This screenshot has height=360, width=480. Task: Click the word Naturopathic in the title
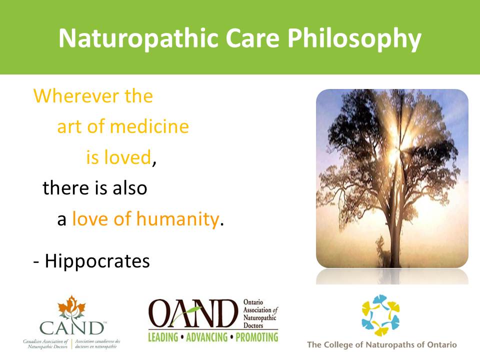pos(138,38)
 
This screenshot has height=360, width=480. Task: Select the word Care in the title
pos(252,38)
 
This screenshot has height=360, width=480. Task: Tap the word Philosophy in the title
pos(354,39)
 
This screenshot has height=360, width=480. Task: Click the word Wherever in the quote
pos(76,96)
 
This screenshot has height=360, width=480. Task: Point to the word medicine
pos(149,126)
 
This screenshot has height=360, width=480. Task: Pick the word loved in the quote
pos(127,157)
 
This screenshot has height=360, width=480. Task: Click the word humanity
pos(177,219)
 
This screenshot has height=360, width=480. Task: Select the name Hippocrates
pos(97,261)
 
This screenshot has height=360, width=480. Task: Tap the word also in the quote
pos(130,187)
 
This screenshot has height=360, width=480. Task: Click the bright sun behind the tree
pos(395,153)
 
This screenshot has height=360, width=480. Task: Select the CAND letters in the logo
pos(72,328)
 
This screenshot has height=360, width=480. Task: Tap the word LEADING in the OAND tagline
pos(163,337)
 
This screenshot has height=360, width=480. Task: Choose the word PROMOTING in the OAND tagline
pos(257,337)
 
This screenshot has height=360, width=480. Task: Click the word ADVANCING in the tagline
pos(207,337)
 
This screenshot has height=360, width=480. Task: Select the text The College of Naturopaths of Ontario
pos(381,344)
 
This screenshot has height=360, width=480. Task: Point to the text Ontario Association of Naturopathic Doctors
pos(260,314)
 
